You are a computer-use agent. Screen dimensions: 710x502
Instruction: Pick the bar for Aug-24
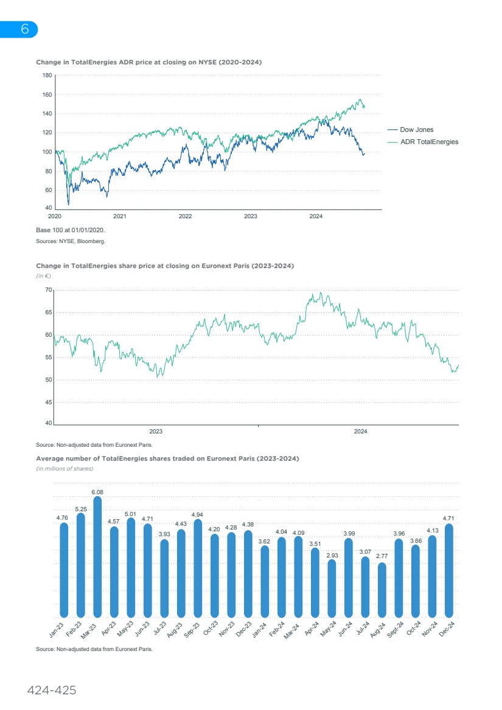[382, 590]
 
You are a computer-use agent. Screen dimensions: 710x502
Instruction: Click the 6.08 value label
[97, 492]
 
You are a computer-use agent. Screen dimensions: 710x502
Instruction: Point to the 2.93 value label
[332, 555]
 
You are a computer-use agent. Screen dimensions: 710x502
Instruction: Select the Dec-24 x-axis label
[448, 629]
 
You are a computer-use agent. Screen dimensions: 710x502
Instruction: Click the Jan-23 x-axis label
[57, 629]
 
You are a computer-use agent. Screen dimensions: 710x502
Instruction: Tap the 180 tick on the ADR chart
[46, 75]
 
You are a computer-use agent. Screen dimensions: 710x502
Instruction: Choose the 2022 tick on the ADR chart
[185, 216]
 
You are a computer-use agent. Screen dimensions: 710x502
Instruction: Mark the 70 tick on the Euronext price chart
[48, 291]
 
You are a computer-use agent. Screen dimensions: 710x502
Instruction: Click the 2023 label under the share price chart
[156, 432]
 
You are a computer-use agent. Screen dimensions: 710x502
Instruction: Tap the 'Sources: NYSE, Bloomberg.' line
[71, 241]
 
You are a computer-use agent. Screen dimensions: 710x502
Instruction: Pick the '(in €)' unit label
[43, 276]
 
